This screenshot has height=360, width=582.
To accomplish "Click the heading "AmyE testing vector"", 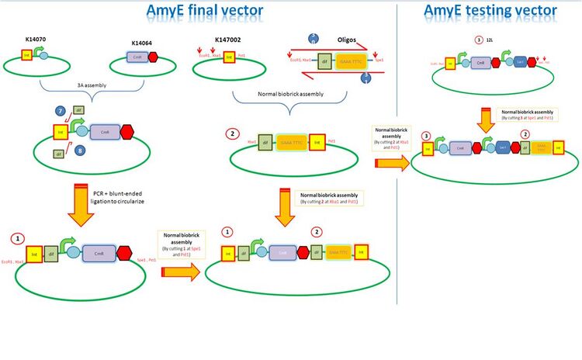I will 490,10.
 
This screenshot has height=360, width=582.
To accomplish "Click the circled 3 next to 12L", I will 479,40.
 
